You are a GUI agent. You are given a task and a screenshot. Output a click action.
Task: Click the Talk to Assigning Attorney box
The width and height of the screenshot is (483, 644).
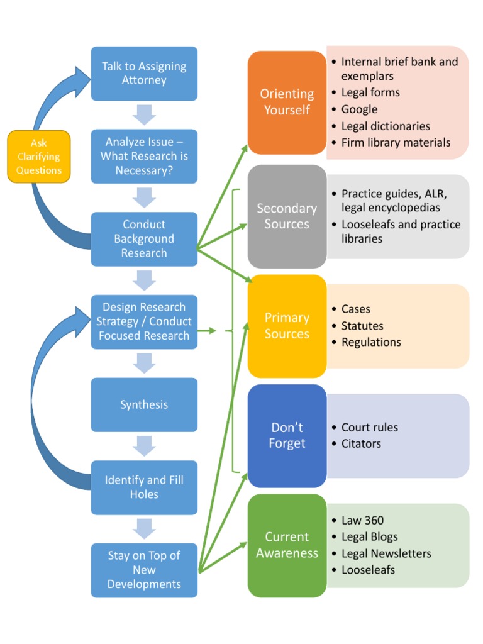144,74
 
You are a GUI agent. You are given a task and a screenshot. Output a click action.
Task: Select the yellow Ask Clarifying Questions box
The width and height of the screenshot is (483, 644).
39,157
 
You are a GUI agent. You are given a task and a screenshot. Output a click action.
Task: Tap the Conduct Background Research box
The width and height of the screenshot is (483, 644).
144,239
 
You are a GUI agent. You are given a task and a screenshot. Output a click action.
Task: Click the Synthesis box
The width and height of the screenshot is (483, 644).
144,404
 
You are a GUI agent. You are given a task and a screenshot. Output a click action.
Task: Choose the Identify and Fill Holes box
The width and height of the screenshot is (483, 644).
144,487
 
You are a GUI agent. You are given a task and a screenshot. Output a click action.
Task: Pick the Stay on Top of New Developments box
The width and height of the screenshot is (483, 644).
144,570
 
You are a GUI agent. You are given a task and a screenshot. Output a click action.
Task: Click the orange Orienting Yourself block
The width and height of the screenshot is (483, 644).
287,102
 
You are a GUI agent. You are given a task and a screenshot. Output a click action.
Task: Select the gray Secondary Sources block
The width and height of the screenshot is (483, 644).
287,216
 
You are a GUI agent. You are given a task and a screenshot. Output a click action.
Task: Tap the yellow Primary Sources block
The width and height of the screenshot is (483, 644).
287,326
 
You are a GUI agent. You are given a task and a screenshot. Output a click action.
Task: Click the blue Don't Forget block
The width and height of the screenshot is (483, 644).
287,435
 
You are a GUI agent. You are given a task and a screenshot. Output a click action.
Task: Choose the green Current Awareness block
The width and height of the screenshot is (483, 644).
287,545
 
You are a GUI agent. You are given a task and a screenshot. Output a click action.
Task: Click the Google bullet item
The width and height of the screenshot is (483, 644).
359,109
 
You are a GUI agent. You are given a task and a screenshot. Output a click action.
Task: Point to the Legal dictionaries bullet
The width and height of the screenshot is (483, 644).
386,126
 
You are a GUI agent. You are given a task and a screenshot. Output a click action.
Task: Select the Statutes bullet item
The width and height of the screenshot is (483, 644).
362,326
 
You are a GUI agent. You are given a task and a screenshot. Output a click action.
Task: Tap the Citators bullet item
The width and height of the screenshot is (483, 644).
361,443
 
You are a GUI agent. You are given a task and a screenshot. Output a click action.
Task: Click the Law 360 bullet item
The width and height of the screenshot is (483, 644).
362,520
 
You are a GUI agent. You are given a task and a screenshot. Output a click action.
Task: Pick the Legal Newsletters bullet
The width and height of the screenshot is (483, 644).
386,553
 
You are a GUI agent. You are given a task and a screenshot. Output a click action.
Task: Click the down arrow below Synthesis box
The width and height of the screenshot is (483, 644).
144,446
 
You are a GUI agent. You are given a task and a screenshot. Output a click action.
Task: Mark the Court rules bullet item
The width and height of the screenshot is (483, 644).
369,427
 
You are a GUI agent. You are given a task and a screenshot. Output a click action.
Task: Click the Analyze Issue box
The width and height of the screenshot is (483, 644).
144,157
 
